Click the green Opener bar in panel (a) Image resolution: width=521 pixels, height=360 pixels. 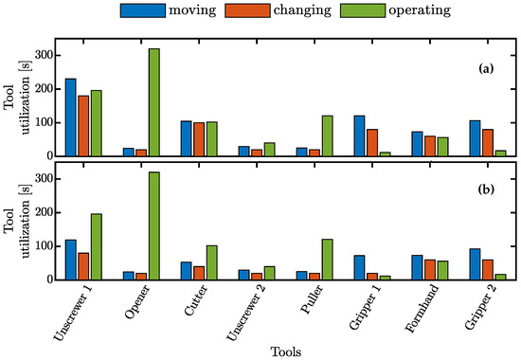(153, 102)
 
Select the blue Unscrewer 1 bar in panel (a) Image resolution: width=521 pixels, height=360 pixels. (70, 117)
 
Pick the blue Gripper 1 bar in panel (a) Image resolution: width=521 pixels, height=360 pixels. (360, 135)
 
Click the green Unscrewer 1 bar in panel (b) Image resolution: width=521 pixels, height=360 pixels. (96, 246)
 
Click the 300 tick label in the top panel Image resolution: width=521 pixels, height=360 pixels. (41, 55)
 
